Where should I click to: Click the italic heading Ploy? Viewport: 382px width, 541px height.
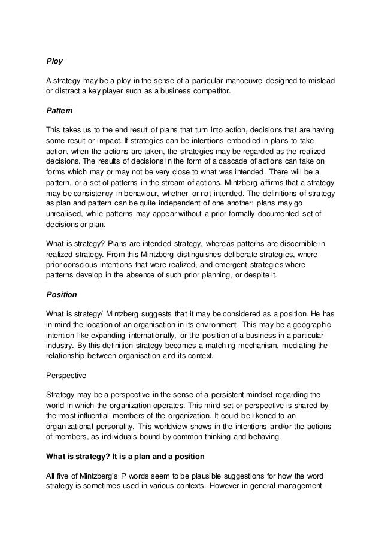[x=54, y=61]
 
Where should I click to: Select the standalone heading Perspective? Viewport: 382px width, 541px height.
[x=66, y=377]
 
